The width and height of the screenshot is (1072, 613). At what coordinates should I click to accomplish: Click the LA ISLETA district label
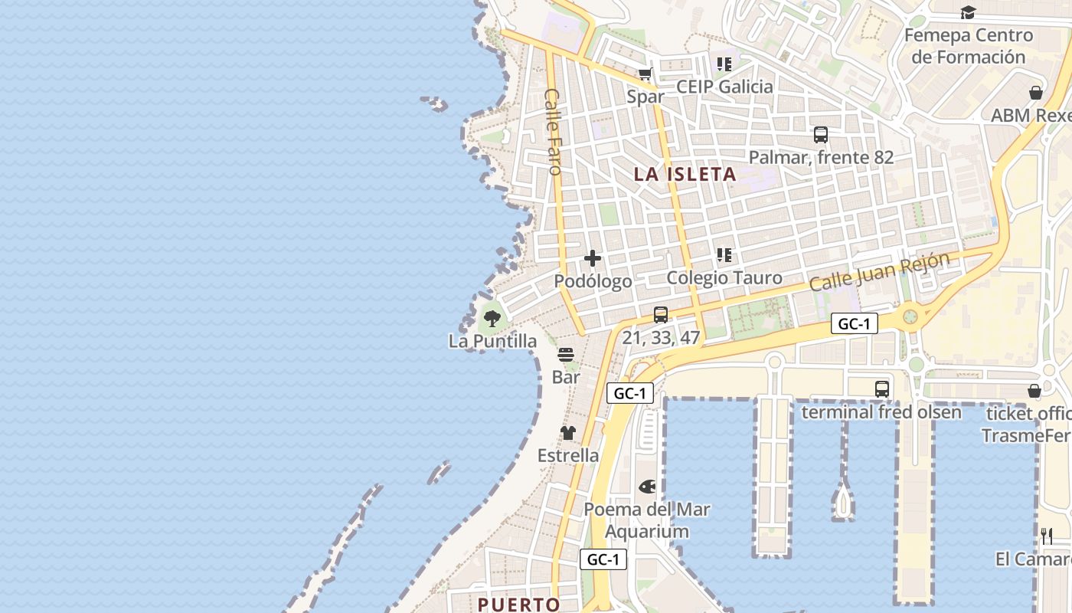coord(685,174)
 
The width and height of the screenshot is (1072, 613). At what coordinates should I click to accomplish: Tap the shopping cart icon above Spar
coord(645,74)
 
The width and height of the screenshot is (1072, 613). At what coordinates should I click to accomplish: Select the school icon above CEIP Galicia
coord(724,64)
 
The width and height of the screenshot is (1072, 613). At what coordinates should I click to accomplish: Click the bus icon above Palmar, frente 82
coord(821,135)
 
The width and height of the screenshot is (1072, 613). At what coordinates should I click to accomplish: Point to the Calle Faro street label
coord(553,131)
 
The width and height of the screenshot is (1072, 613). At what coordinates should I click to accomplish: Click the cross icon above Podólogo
coord(593,258)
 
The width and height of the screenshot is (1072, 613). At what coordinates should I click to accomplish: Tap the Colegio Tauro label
coord(724,277)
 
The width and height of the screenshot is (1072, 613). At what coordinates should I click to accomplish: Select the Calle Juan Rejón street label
coord(879,271)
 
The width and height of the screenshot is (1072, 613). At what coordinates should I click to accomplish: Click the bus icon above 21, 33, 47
coord(661,314)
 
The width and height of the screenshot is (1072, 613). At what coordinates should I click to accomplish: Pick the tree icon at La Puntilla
coord(492,318)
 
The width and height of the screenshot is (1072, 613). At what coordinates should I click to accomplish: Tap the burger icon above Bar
coord(566,355)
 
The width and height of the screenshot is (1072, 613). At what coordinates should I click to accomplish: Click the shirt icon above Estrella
coord(567,433)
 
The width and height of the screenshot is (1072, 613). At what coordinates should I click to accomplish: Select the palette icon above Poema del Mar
coord(647,487)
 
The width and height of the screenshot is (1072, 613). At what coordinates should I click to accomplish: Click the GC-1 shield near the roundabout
coord(854,323)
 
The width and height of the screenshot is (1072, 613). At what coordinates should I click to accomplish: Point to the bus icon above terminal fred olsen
coord(882,388)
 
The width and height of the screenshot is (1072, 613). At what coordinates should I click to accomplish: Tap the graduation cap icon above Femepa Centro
coord(968,12)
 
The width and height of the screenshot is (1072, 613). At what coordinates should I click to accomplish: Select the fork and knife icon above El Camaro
coord(1047,536)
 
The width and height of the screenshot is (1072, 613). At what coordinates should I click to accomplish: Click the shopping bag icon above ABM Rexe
coord(1036,93)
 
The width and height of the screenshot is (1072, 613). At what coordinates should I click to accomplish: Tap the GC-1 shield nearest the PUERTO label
coord(603,559)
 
